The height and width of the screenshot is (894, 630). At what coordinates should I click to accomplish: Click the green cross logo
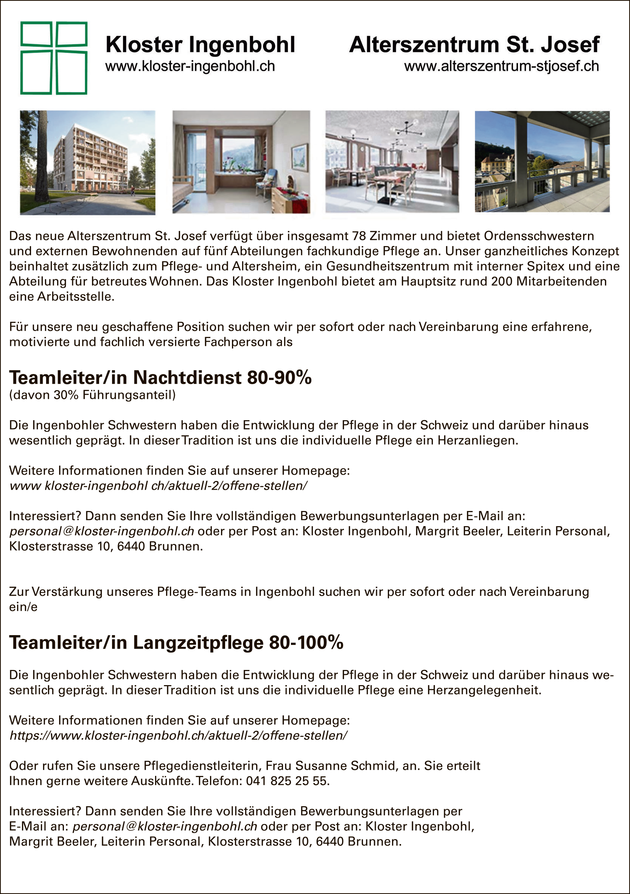click(54, 58)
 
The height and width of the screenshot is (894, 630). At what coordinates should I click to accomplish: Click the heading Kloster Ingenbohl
click(200, 45)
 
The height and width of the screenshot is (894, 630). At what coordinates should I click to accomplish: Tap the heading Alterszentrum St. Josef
click(474, 45)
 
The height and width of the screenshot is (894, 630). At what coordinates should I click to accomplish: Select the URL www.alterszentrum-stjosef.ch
click(501, 67)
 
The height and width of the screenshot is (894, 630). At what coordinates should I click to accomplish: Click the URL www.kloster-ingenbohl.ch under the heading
click(190, 67)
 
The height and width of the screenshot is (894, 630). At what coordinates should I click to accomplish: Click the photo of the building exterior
click(88, 162)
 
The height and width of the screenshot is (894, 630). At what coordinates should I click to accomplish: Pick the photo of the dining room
click(392, 162)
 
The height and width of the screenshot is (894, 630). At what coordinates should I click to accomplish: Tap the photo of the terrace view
click(542, 162)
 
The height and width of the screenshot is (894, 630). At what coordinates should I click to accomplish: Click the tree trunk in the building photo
click(42, 156)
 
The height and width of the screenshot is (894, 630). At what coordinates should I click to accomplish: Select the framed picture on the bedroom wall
click(299, 157)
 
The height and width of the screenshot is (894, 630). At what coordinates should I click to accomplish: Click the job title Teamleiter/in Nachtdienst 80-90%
click(160, 377)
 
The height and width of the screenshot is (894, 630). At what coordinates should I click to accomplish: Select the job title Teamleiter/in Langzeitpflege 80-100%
click(176, 642)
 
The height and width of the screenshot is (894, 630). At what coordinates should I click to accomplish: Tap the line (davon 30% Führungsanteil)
click(92, 395)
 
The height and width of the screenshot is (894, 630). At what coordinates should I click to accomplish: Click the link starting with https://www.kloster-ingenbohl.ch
click(178, 735)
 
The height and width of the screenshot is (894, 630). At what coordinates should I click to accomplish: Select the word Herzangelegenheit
click(484, 690)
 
